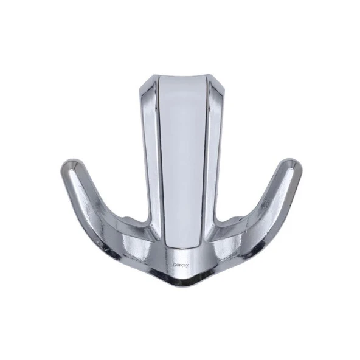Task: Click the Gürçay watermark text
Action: pos(181,265)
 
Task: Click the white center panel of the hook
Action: pos(182,161)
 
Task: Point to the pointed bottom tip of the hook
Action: pos(181,288)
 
